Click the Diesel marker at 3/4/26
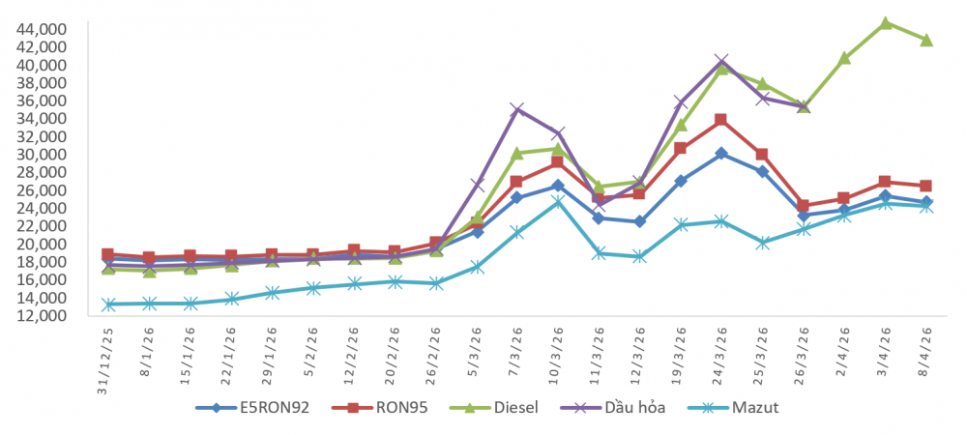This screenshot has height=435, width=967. pyautogui.click(x=885, y=22)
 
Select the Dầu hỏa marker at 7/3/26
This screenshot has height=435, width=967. pyautogui.click(x=516, y=109)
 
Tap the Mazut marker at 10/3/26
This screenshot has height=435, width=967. pyautogui.click(x=558, y=202)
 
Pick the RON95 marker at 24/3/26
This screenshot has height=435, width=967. pyautogui.click(x=721, y=120)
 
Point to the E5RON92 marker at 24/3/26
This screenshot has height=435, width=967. pyautogui.click(x=721, y=153)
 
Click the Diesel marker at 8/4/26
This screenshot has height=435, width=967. pyautogui.click(x=926, y=40)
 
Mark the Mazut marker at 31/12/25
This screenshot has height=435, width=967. pyautogui.click(x=108, y=304)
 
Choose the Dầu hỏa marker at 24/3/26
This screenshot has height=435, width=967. pyautogui.click(x=721, y=62)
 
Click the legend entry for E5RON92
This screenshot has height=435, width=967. pyautogui.click(x=252, y=407)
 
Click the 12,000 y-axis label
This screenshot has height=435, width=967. pyautogui.click(x=41, y=315)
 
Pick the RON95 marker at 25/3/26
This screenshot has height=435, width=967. pyautogui.click(x=762, y=155)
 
